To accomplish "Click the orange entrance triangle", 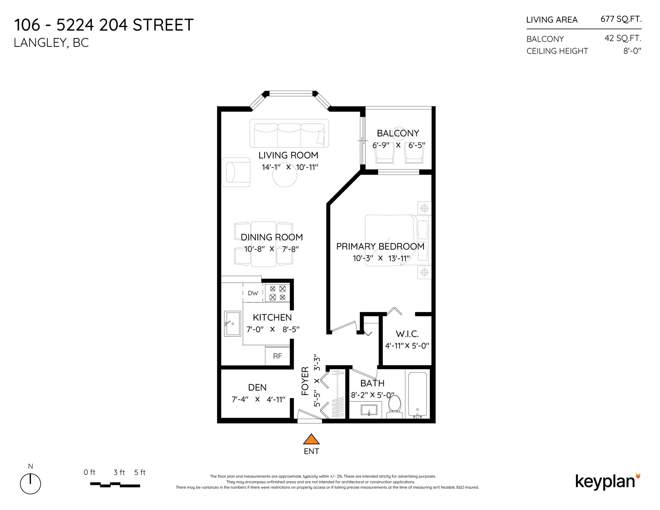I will [311, 439].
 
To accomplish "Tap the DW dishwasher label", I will [253, 293].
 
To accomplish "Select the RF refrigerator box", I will [277, 356].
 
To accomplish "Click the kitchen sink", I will [233, 323].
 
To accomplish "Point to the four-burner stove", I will [277, 293].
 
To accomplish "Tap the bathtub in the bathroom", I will [417, 393].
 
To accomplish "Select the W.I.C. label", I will [407, 334].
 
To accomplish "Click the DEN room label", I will [257, 387].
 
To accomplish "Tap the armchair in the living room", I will [236, 172].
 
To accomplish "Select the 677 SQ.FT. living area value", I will [621, 19].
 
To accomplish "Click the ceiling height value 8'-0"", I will [632, 51].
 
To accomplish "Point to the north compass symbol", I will [31, 483].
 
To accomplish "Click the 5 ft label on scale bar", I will [140, 472].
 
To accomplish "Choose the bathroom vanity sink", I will [369, 410].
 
